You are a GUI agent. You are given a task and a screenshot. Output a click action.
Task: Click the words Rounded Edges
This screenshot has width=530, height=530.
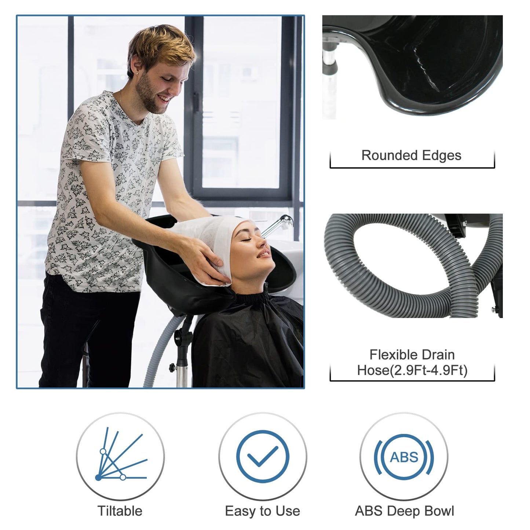click(411, 155)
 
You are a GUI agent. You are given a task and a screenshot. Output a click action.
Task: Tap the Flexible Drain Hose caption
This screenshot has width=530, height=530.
click(412, 362)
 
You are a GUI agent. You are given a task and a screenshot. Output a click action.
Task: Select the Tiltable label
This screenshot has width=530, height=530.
click(120, 511)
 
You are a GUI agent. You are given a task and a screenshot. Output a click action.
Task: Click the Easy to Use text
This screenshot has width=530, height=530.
click(262, 511)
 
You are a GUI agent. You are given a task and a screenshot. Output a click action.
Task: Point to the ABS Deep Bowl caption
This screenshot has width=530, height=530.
click(404, 511)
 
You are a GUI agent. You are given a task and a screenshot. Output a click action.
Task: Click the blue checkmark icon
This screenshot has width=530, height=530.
click(262, 457)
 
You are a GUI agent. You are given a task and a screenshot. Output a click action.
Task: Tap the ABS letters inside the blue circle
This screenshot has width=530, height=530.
click(404, 457)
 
